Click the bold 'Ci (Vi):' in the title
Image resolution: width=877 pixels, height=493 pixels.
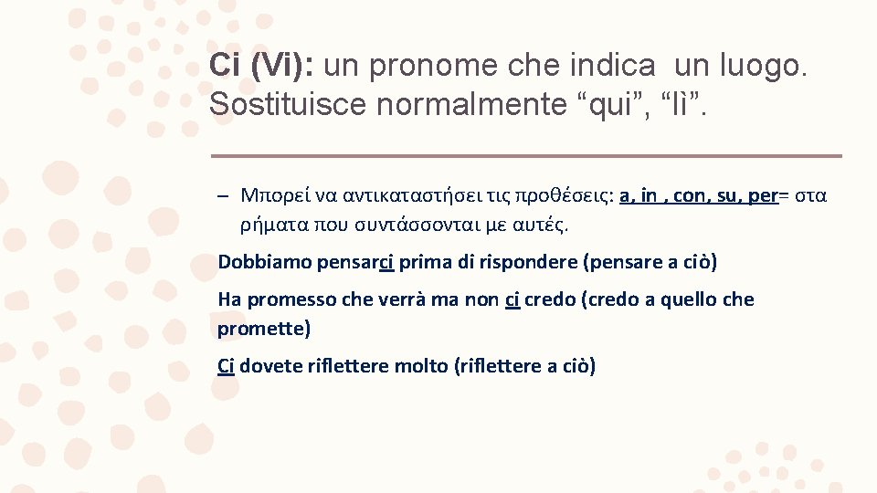pyautogui.click(x=261, y=65)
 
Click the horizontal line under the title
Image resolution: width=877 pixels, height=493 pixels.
pyautogui.click(x=525, y=155)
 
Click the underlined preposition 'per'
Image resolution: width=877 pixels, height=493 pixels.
pyautogui.click(x=763, y=194)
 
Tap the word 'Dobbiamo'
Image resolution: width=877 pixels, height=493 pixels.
pyautogui.click(x=264, y=262)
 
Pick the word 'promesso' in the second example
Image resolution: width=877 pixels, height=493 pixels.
pyautogui.click(x=292, y=299)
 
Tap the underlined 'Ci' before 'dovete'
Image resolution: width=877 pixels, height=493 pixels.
pyautogui.click(x=227, y=366)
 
